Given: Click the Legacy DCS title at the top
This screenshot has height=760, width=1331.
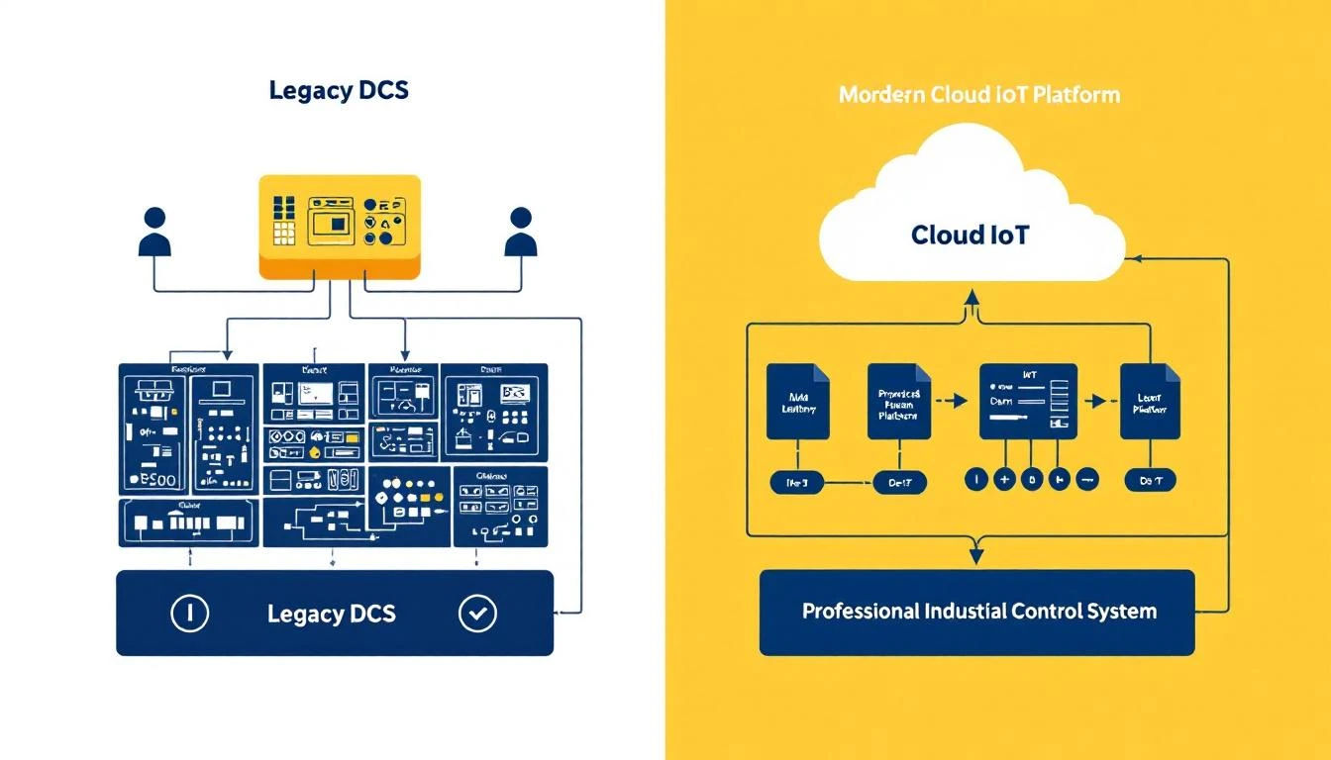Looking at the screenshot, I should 339,90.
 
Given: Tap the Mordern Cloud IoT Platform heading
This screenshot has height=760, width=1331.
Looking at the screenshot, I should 978,95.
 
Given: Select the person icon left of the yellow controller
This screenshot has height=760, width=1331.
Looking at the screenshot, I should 154,233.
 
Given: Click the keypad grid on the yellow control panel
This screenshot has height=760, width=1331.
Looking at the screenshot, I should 284,220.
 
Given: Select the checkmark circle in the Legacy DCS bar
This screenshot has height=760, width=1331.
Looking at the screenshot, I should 477,614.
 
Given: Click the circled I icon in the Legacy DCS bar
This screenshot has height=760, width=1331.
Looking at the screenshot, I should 189,614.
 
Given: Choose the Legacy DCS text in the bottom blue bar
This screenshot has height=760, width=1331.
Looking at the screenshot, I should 332,614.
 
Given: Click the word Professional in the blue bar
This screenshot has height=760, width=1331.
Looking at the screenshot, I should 860,611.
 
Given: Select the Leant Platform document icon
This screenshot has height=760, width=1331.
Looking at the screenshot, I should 1150,401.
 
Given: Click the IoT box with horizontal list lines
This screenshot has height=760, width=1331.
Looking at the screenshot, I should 1028,401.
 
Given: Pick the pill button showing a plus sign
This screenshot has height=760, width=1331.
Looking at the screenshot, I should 1003,481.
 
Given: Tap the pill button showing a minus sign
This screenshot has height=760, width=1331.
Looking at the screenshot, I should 1085,481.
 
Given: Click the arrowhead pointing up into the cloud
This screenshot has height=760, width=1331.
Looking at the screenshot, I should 973,296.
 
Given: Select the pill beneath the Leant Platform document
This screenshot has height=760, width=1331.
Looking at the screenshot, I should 1150,481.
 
